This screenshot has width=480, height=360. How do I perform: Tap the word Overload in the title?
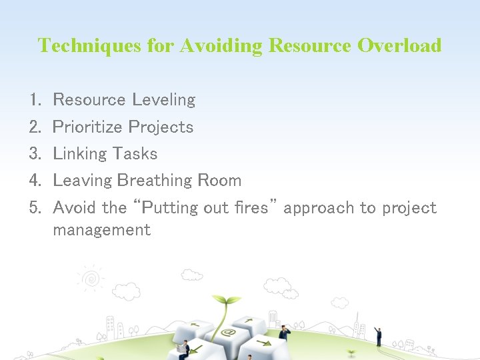click(x=399, y=45)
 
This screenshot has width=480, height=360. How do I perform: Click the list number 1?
click(x=35, y=101)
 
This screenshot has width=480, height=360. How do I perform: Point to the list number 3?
click(x=35, y=154)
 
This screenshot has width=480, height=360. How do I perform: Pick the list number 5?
click(x=35, y=208)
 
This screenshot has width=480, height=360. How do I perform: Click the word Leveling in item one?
click(x=163, y=101)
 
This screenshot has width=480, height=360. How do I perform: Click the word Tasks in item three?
click(x=135, y=154)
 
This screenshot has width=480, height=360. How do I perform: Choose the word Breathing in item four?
click(x=154, y=181)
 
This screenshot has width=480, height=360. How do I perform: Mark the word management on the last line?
click(x=101, y=231)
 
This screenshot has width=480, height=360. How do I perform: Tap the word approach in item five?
click(x=319, y=208)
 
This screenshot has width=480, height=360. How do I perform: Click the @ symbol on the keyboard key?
click(x=229, y=332)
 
